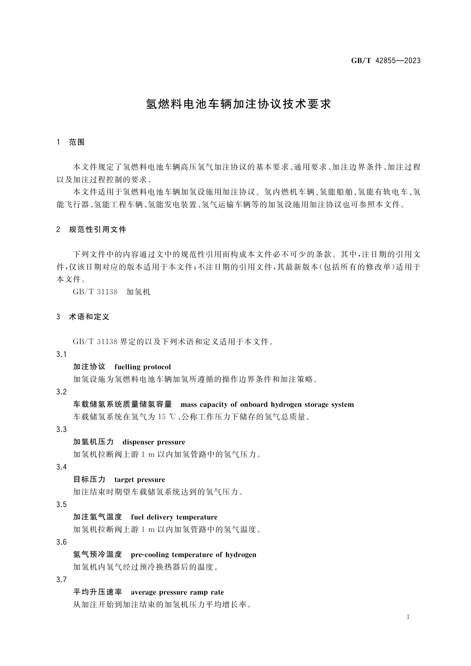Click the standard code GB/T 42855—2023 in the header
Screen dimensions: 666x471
(386, 61)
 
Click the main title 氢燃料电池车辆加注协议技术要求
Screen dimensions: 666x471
(238, 104)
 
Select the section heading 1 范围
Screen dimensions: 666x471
(71, 142)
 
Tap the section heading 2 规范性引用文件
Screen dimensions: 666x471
(92, 230)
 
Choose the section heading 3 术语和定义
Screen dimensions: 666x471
(83, 317)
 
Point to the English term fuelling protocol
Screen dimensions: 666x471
(142, 367)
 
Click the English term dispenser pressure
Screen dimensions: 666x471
(154, 442)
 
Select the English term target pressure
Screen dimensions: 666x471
(140, 480)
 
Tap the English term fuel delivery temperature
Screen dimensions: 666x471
(174, 517)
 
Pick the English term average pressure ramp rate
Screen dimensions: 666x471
(177, 592)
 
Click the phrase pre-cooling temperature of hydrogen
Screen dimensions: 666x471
(193, 555)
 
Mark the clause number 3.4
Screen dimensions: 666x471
(61, 467)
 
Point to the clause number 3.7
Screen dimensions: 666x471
(61, 580)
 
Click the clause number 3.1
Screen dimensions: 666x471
(61, 355)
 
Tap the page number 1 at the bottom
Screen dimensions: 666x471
(409, 617)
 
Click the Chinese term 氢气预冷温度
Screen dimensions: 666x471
(98, 555)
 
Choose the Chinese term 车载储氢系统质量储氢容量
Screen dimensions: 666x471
(123, 405)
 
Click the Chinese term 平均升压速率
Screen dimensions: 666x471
(98, 592)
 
